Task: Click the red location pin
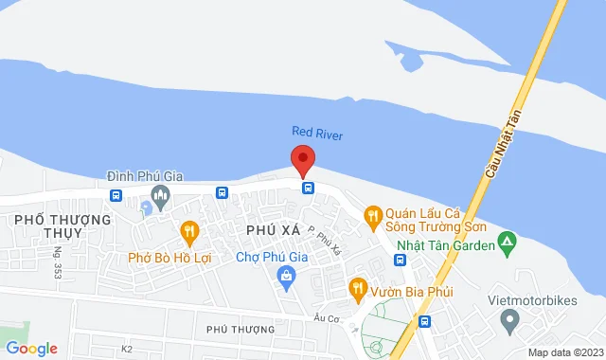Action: (302, 160)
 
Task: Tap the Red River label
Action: (317, 134)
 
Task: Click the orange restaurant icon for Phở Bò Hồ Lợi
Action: (189, 230)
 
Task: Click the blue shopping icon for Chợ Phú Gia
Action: (285, 276)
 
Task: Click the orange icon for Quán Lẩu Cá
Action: (373, 215)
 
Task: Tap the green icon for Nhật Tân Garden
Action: (508, 245)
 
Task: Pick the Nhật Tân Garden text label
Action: (446, 246)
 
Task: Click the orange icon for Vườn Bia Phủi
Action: (358, 285)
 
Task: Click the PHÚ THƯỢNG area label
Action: (241, 329)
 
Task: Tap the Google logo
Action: (30, 348)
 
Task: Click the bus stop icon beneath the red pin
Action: (308, 188)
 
